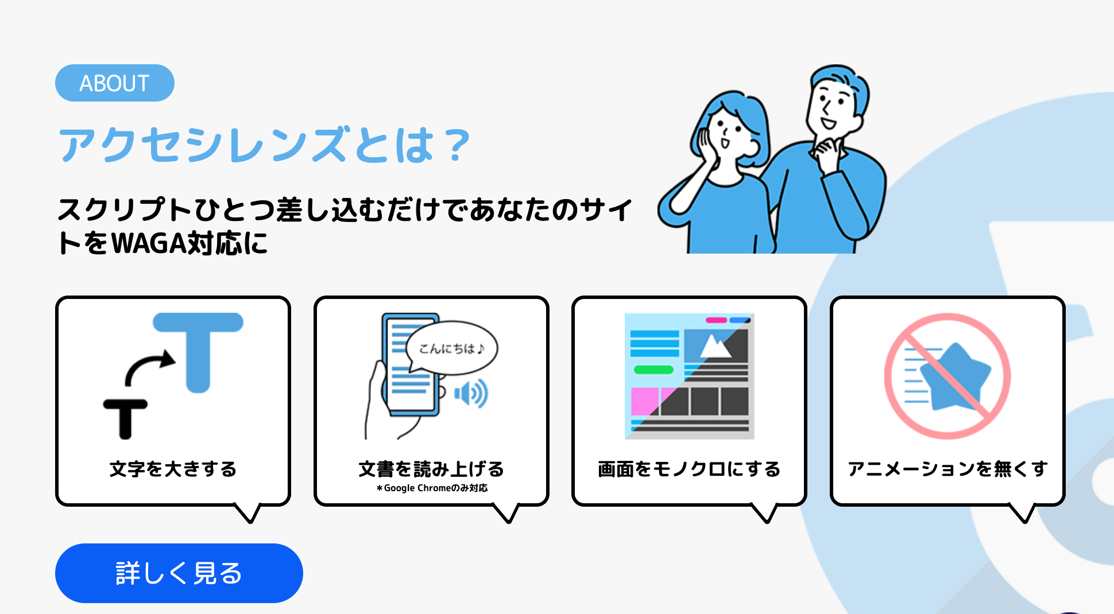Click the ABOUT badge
tap(115, 83)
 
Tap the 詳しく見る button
tap(179, 573)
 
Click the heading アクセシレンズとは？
tap(264, 145)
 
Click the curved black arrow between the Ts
tap(149, 367)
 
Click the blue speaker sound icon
tap(471, 394)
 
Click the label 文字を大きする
tap(173, 469)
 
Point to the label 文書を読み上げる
tap(431, 469)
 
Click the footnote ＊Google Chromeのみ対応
tap(432, 488)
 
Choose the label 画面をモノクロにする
tap(689, 469)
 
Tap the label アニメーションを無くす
tap(947, 469)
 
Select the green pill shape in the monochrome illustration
tap(653, 370)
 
